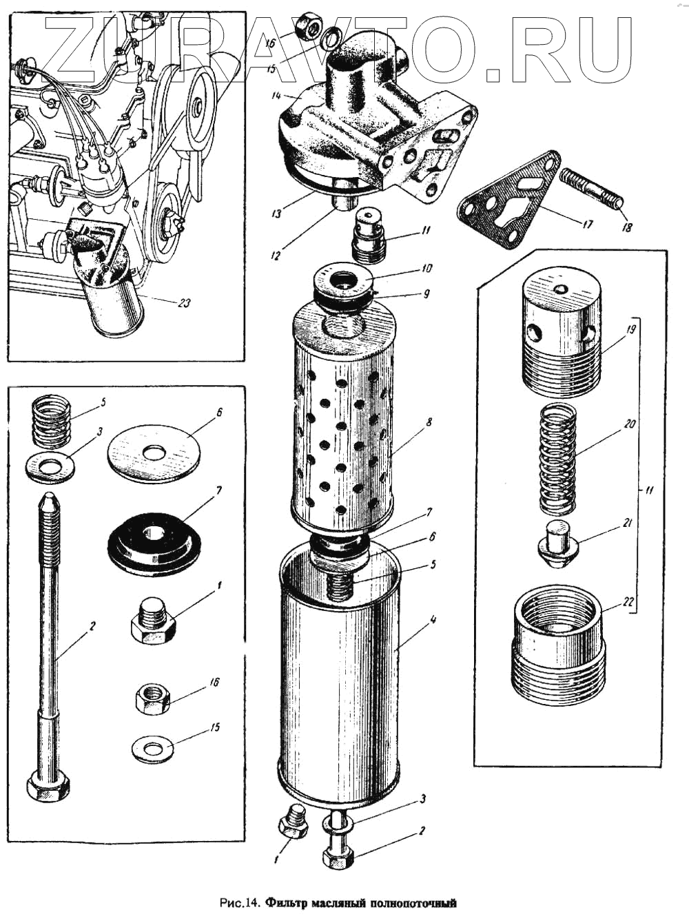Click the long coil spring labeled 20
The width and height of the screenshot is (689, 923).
click(x=557, y=459)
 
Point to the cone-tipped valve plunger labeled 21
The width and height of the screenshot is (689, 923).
click(x=557, y=544)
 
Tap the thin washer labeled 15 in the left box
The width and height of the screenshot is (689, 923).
click(x=152, y=748)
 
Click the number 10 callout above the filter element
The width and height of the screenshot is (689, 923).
click(x=427, y=267)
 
